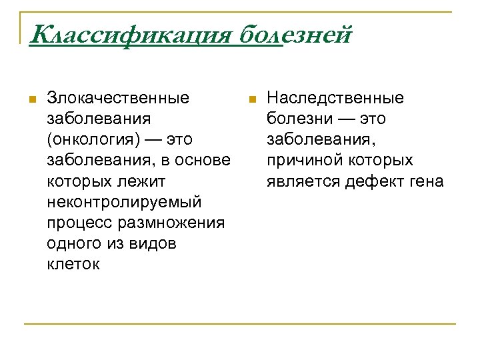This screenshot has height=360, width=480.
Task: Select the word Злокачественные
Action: pos(118,98)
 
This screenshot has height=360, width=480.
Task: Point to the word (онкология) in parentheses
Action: pos(91,139)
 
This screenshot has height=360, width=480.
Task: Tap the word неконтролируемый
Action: pos(124,201)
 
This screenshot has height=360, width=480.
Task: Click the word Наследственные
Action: pos(335,98)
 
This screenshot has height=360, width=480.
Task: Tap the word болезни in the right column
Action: pos(296,119)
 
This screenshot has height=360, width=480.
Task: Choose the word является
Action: pos(303,181)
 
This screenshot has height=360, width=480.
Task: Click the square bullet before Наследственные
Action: pos(251,99)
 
